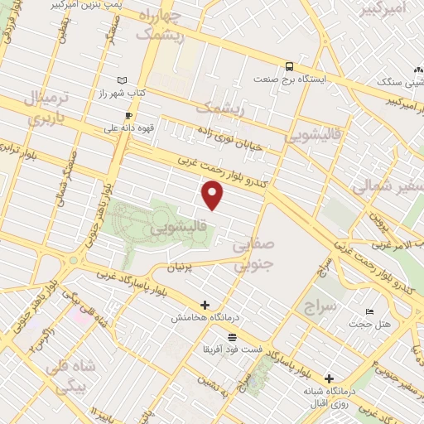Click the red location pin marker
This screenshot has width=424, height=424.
[214, 195]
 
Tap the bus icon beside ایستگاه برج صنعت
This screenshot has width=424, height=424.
[288, 66]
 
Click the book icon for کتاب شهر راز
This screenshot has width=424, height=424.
[123, 79]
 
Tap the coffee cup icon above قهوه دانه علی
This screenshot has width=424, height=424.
[128, 115]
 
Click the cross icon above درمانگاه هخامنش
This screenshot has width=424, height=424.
[205, 305]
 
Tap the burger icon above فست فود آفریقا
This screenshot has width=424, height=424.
[231, 336]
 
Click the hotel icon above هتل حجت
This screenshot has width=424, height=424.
[369, 311]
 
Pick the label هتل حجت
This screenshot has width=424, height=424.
[369, 324]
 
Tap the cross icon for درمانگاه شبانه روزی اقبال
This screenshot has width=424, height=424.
[330, 377]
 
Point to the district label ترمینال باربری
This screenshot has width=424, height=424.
[35, 108]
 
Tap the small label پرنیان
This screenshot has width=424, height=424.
[184, 267]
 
